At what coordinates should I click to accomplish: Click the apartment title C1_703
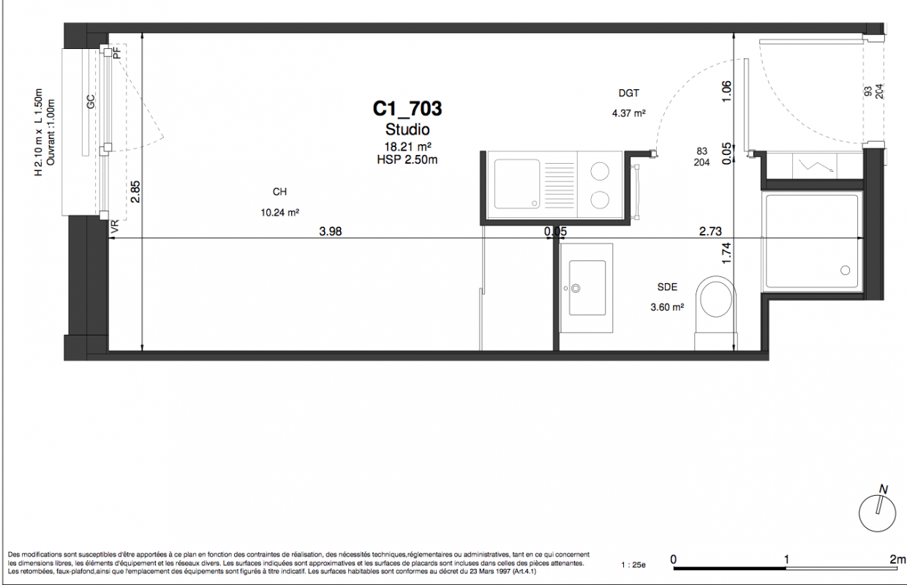407,108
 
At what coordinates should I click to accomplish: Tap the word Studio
407,129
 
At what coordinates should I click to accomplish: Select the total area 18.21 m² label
407,146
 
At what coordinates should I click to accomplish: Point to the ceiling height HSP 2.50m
407,160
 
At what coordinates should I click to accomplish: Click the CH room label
280,192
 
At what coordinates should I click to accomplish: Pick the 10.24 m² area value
280,212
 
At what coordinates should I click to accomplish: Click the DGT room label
629,93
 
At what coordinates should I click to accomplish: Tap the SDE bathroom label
667,287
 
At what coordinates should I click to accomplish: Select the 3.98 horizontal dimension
331,231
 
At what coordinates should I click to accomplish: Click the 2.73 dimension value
710,231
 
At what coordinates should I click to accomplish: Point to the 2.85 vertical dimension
135,192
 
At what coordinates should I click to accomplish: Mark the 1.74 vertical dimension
727,253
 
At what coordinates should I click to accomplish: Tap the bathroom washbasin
587,288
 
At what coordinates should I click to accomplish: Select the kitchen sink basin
517,184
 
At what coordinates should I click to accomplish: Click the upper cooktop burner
600,171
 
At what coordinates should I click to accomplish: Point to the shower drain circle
845,270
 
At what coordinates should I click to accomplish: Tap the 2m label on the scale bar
897,559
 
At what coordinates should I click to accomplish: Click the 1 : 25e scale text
633,565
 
